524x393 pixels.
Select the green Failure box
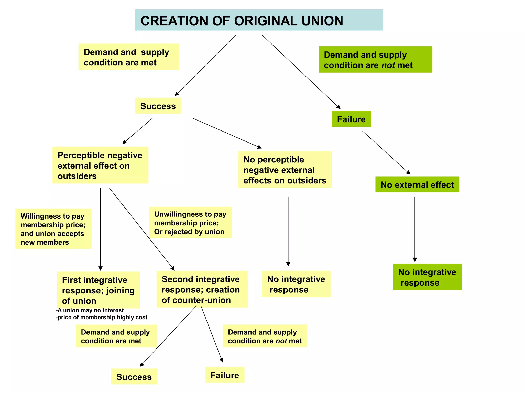pyautogui.click(x=351, y=119)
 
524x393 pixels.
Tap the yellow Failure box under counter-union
pyautogui.click(x=225, y=375)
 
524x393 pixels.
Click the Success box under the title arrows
pyautogui.click(x=158, y=106)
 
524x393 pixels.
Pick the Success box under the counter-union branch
pyautogui.click(x=134, y=376)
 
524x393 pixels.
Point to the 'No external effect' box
pyautogui.click(x=417, y=184)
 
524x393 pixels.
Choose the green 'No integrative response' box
pyautogui.click(x=427, y=277)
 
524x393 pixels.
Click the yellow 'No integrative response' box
pyautogui.click(x=296, y=284)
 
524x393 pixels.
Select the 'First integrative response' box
pyautogui.click(x=98, y=290)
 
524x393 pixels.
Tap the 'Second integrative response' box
pyautogui.click(x=202, y=289)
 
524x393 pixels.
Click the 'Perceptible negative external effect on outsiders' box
pyautogui.click(x=100, y=165)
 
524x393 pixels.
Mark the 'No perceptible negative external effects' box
pyautogui.click(x=285, y=170)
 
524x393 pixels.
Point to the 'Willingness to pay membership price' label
pyautogui.click(x=53, y=229)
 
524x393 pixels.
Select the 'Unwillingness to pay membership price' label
pyautogui.click(x=190, y=223)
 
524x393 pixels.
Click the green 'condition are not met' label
pyautogui.click(x=375, y=60)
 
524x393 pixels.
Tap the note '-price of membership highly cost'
pyautogui.click(x=102, y=318)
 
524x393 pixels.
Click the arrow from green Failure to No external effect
pyautogui.click(x=386, y=152)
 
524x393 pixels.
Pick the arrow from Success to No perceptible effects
pyautogui.click(x=227, y=133)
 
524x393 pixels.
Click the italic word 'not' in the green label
pyautogui.click(x=388, y=65)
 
